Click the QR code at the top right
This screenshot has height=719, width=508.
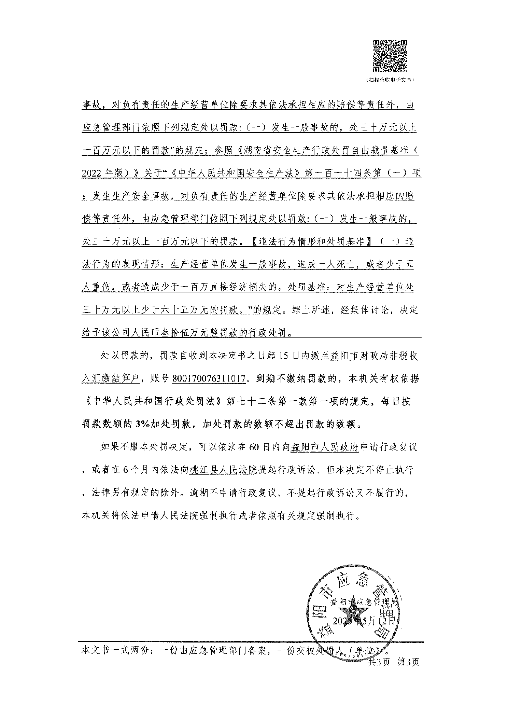click(390, 56)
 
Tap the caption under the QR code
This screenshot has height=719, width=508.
click(390, 80)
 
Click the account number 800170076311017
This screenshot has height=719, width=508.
click(209, 378)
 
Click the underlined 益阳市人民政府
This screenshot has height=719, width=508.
click(324, 447)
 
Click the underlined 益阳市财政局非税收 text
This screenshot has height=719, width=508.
click(374, 356)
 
